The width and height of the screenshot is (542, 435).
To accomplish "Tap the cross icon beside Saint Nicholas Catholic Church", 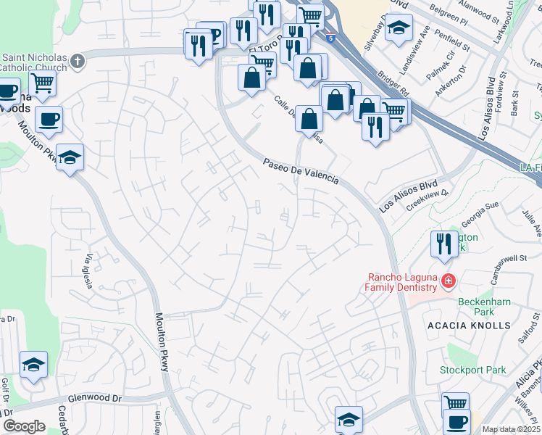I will click(78, 61).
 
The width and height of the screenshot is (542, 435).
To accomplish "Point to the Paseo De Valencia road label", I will click(300, 173).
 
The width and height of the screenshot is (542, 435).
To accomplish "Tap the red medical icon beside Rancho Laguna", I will click(449, 280).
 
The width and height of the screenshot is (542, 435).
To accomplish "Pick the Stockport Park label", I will click(472, 370).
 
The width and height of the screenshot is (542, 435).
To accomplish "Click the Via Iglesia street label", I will click(90, 272).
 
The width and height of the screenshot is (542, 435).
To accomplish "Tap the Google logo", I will click(24, 426).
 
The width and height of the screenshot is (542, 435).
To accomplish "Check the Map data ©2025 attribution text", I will click(511, 429).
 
